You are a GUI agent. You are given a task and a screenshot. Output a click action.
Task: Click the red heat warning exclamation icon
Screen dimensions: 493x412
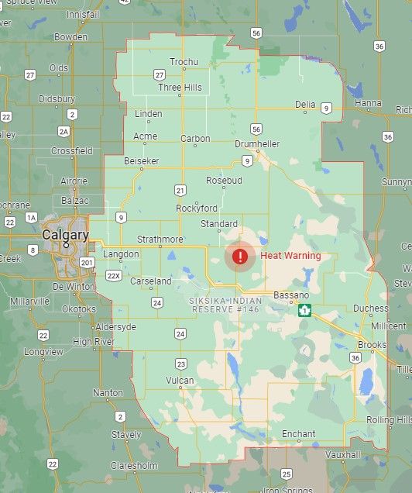[x=241, y=256]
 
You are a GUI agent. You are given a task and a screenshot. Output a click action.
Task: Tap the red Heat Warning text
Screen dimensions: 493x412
[x=290, y=256]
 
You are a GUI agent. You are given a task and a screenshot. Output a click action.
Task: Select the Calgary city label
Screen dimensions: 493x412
[x=65, y=234]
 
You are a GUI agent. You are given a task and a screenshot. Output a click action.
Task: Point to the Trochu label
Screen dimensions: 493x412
[x=184, y=62]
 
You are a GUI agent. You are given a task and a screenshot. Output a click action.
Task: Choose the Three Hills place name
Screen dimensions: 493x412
[x=180, y=88]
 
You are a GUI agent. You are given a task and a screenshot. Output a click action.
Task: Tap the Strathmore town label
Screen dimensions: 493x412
[x=160, y=239]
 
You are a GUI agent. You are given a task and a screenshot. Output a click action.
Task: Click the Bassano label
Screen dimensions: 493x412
[x=290, y=295]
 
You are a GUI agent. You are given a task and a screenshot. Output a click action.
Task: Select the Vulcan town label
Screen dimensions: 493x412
[x=180, y=381]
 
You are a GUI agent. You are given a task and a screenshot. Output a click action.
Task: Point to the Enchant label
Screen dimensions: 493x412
[x=299, y=434]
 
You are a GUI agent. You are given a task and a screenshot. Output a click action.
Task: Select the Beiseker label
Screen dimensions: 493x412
[x=140, y=161]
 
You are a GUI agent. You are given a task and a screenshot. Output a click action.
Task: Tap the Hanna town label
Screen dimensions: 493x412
[x=368, y=103]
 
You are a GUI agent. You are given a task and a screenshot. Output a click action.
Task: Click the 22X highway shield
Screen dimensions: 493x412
[x=115, y=275]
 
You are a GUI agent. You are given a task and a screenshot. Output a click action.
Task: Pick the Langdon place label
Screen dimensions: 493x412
[x=120, y=254]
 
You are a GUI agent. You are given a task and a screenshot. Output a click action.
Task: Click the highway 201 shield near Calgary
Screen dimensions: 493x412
[x=87, y=264]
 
